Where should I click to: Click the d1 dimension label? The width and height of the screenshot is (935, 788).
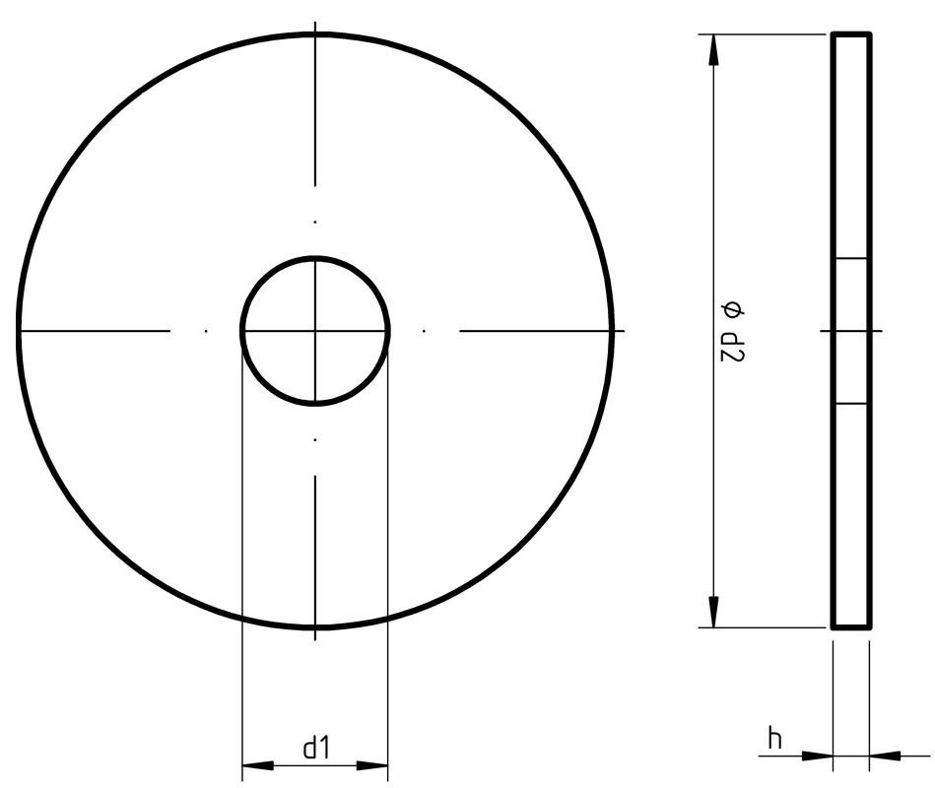pyautogui.click(x=315, y=749)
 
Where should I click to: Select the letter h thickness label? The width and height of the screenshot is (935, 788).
pyautogui.click(x=775, y=738)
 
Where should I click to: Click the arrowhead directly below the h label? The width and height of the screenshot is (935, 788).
pyautogui.click(x=817, y=756)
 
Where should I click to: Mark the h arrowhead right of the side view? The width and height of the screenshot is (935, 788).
pyautogui.click(x=885, y=756)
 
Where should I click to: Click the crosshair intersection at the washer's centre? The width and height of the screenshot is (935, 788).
pyautogui.click(x=315, y=330)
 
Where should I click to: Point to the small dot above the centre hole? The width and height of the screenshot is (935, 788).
pyautogui.click(x=315, y=223)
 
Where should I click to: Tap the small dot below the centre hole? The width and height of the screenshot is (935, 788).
pyautogui.click(x=315, y=438)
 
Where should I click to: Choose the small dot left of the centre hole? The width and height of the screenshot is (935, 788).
pyautogui.click(x=205, y=330)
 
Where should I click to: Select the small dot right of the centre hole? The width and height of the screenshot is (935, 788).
pyautogui.click(x=424, y=330)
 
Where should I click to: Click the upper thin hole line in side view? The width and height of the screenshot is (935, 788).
pyautogui.click(x=851, y=259)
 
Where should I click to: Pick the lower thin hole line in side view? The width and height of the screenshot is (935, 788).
pyautogui.click(x=851, y=403)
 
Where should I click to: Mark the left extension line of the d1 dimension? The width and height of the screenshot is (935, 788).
pyautogui.click(x=242, y=552)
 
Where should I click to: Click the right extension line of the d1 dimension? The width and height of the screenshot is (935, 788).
pyautogui.click(x=389, y=552)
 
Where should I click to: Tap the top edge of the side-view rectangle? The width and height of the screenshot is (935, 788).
pyautogui.click(x=851, y=34)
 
